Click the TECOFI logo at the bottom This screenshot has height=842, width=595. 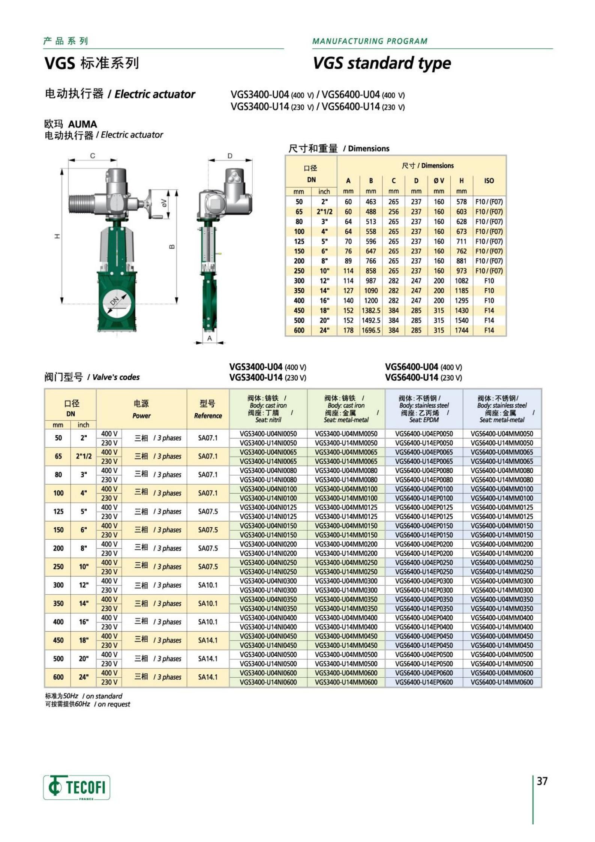tap(76, 787)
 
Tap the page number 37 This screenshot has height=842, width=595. tap(542, 781)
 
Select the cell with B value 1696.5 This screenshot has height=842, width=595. tap(371, 330)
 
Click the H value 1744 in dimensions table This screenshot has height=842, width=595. tap(462, 330)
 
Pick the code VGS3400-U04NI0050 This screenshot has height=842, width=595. tap(268, 434)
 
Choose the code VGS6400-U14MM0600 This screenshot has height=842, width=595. tap(502, 682)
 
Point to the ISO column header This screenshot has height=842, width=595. tap(489, 181)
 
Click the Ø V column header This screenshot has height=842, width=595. tap(439, 181)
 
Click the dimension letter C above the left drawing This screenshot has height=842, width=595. tap(93, 156)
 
